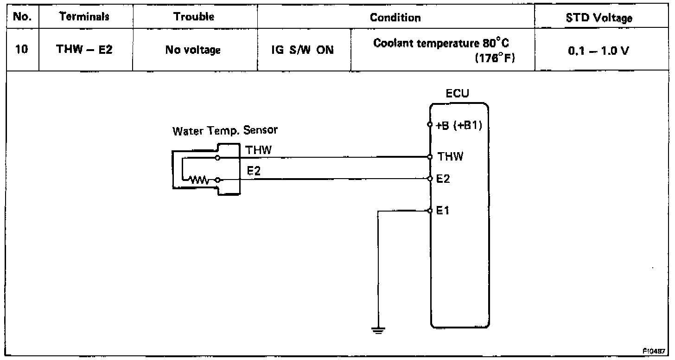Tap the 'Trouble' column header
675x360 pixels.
tap(194, 17)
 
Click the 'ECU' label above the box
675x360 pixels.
tap(457, 94)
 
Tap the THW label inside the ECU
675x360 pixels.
tap(450, 157)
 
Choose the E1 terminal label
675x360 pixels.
tap(444, 211)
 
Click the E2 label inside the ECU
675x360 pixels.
tap(444, 179)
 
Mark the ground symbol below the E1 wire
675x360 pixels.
tap(378, 330)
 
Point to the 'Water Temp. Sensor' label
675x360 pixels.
tap(225, 130)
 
